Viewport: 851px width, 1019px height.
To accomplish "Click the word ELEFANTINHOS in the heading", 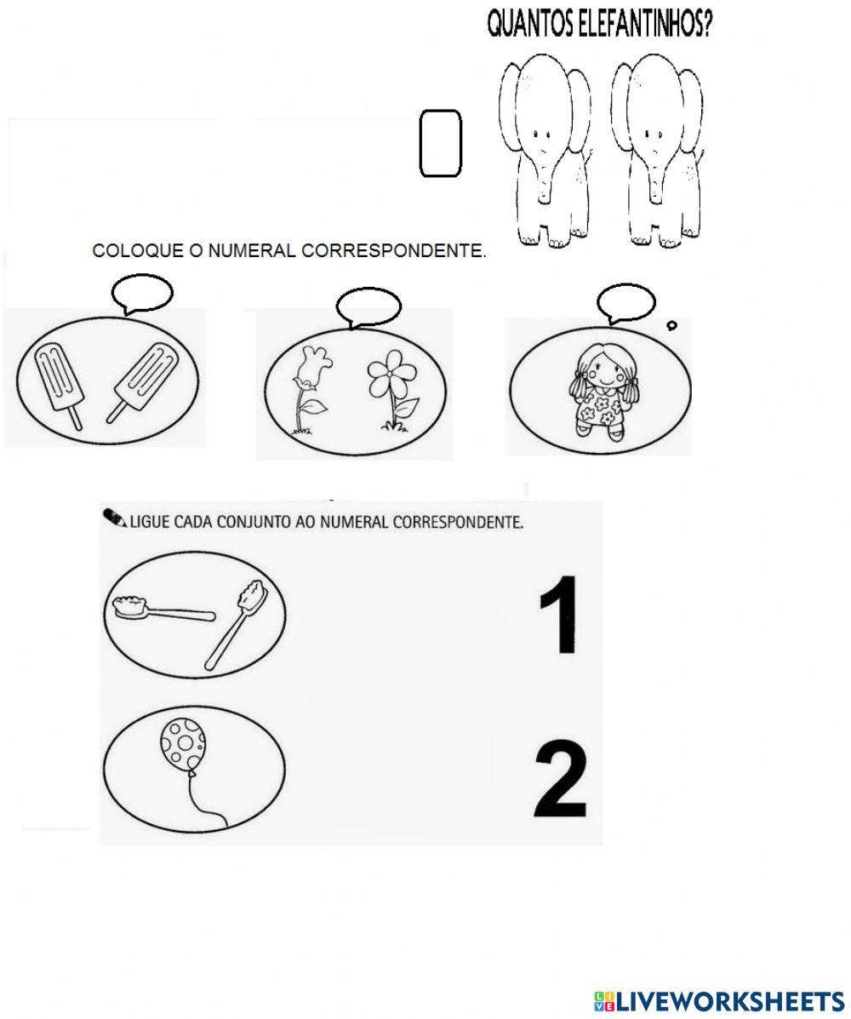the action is pos(637,26).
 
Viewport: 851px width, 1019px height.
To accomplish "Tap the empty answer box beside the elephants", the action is pos(441,143).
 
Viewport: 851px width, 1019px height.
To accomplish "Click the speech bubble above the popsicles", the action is pos(141,294).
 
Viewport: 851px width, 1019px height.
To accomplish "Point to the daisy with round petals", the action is pos(391,389).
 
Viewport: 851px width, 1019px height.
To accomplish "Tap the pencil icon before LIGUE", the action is pos(115,518).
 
